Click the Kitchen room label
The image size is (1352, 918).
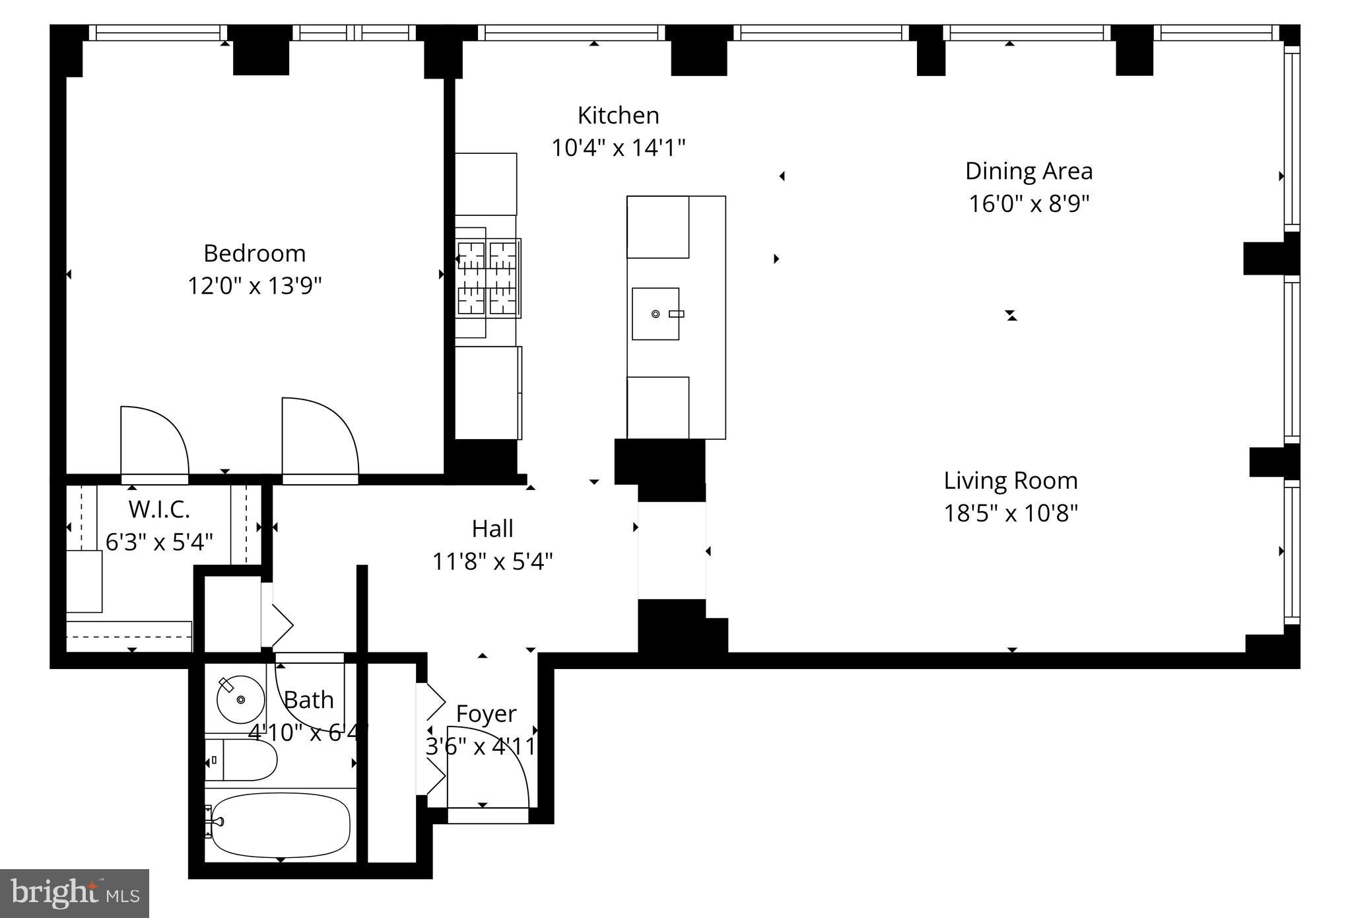(618, 116)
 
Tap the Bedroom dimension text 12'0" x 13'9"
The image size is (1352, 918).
(255, 286)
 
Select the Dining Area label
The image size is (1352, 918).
(1029, 172)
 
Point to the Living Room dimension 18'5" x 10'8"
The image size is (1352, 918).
(1011, 513)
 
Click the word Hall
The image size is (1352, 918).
(492, 529)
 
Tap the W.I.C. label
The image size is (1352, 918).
(159, 510)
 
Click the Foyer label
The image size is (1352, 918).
(486, 715)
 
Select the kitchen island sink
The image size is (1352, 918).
(656, 314)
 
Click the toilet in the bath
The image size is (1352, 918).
(241, 760)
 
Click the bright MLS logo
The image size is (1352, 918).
(75, 894)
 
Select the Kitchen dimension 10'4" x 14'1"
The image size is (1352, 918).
(619, 148)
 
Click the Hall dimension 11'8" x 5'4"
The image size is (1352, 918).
(492, 562)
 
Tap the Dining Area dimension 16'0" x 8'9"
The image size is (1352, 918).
(1029, 203)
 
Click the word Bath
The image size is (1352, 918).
(309, 700)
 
